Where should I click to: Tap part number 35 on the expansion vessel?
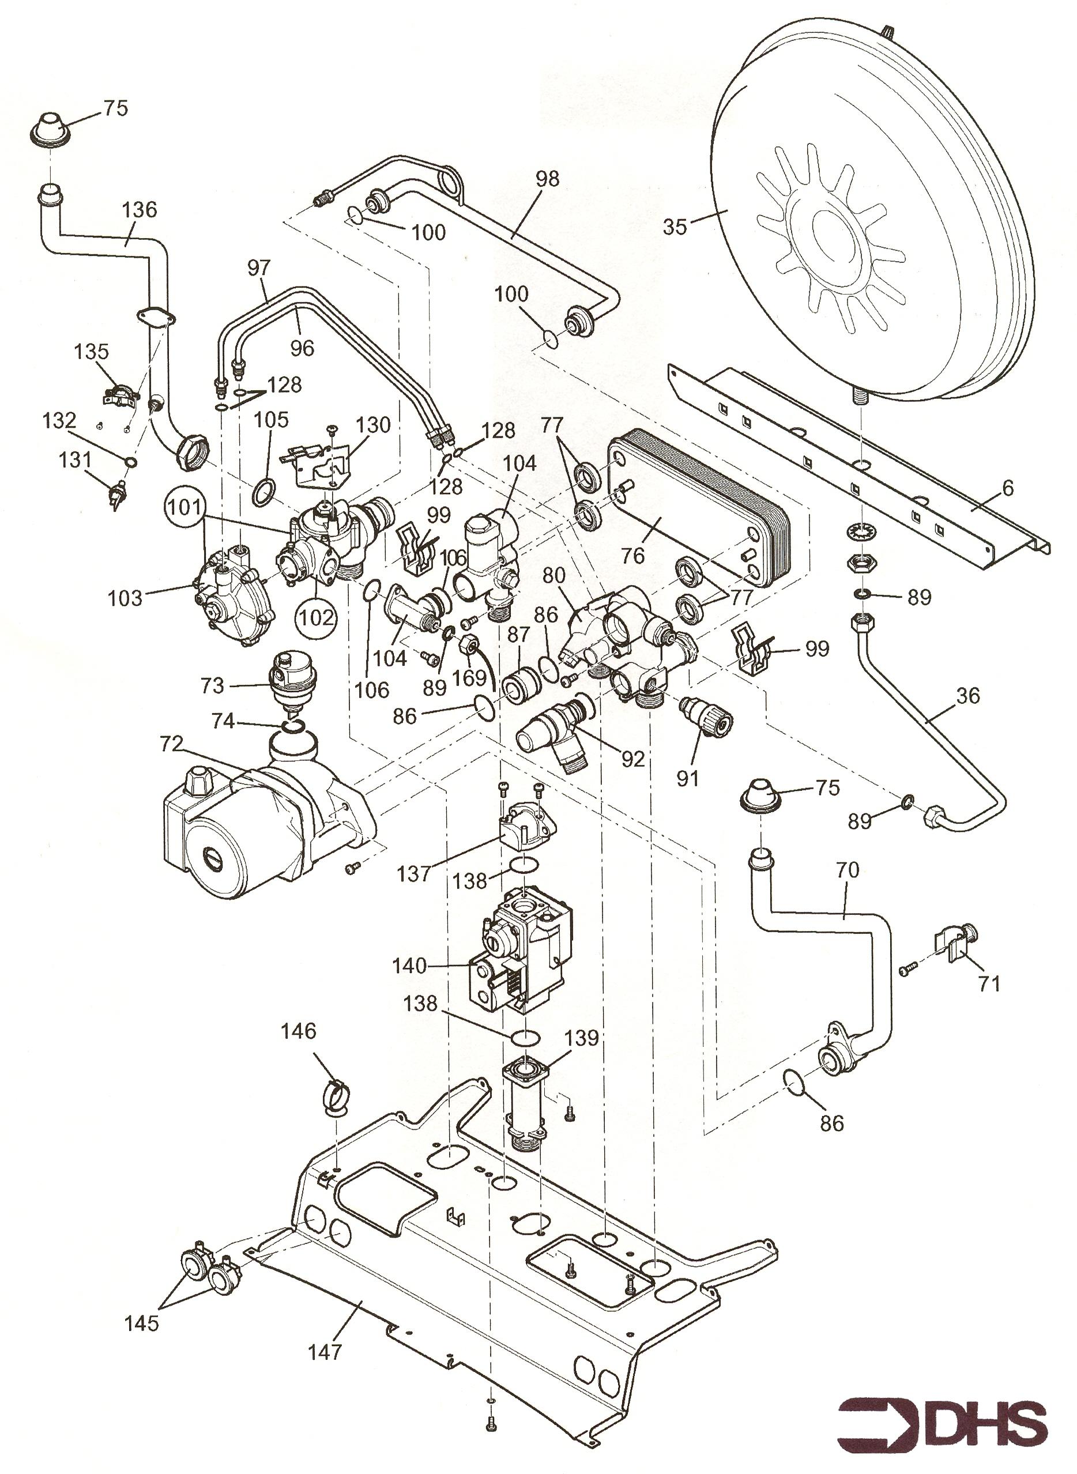(675, 227)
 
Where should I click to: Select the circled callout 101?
(186, 506)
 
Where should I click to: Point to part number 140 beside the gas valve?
(409, 965)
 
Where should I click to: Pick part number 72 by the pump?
(171, 744)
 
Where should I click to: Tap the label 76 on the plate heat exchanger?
(633, 555)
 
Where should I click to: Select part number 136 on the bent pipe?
(140, 210)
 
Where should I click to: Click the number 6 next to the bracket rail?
(1008, 488)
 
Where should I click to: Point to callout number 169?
(469, 678)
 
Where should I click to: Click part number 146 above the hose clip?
(299, 1031)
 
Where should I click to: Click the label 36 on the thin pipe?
(968, 696)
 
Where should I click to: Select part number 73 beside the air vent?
(213, 685)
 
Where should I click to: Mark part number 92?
(632, 758)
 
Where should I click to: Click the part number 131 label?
(76, 460)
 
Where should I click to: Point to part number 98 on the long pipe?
(548, 178)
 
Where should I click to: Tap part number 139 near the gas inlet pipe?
(582, 1038)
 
